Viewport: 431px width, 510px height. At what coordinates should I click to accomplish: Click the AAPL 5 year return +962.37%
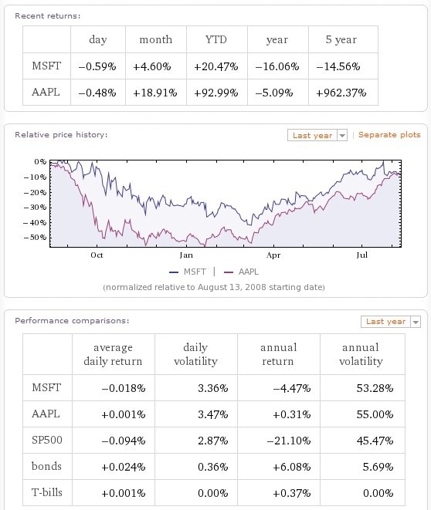click(x=341, y=93)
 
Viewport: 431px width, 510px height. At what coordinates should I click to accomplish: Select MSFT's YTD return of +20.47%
click(x=216, y=66)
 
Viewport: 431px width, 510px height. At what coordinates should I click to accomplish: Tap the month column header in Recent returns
click(x=155, y=39)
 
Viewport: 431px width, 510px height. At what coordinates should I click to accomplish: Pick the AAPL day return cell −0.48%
click(x=97, y=93)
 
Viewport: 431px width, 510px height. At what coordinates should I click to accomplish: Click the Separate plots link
click(x=389, y=135)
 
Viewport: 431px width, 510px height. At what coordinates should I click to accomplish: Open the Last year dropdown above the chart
click(x=317, y=135)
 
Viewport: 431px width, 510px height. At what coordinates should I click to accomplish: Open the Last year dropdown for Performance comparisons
click(x=391, y=321)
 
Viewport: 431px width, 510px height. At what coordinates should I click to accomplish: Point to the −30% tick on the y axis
click(x=36, y=208)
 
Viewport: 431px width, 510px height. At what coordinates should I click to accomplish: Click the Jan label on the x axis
click(x=186, y=255)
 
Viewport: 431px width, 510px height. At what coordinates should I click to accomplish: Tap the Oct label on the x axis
click(x=97, y=255)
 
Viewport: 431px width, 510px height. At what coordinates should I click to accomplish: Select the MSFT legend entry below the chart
click(x=188, y=272)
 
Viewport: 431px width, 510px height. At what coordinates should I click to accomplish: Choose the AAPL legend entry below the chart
click(x=242, y=272)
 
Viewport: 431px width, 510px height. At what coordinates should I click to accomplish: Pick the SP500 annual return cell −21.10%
click(x=289, y=441)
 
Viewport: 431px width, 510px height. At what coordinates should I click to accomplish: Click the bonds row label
click(x=46, y=466)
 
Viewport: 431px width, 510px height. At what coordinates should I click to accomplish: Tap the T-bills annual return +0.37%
click(x=292, y=494)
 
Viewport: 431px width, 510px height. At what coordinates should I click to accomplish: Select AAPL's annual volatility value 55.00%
click(x=375, y=414)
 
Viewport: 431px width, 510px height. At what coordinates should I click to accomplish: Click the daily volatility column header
click(x=195, y=354)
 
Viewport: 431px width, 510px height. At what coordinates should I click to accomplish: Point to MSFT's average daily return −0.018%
click(x=124, y=388)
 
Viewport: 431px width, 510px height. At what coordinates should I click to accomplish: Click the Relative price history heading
click(x=61, y=135)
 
